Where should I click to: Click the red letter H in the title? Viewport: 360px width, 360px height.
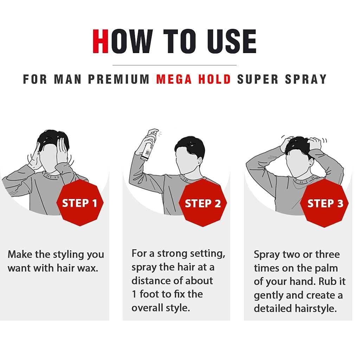(x=101, y=41)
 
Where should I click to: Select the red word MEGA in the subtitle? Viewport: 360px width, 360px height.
(x=173, y=79)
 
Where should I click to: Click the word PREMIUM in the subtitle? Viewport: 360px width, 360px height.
(x=119, y=79)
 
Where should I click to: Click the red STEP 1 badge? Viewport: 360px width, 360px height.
(x=79, y=203)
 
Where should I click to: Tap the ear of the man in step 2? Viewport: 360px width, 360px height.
(x=200, y=162)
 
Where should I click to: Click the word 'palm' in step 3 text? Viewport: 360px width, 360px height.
(x=326, y=268)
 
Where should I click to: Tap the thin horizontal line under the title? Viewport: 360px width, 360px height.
(x=174, y=65)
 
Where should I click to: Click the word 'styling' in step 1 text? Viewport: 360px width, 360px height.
(x=68, y=255)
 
